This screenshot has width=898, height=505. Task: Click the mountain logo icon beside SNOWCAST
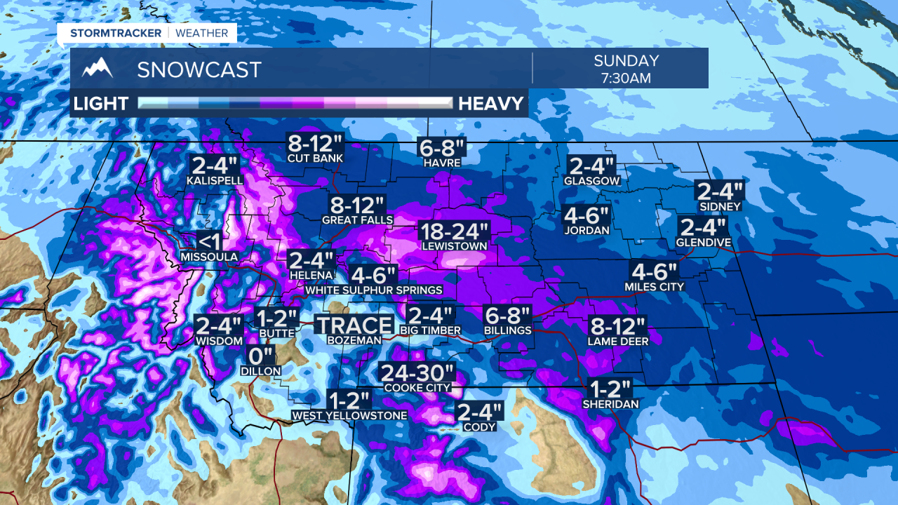(x=98, y=68)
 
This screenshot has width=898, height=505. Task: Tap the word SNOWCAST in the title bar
(x=199, y=69)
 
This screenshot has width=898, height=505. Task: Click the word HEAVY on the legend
(x=491, y=104)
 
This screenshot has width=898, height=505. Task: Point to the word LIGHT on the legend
(x=101, y=104)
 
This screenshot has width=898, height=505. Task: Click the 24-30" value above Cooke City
(x=417, y=373)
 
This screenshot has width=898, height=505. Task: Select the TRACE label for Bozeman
(x=354, y=325)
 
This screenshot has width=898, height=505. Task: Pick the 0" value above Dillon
(x=260, y=356)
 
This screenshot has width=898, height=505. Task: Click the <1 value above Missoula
(x=208, y=241)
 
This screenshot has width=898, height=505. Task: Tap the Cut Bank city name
(x=315, y=159)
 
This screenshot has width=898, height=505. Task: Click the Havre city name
(x=442, y=163)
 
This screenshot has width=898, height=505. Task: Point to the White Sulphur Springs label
(x=374, y=290)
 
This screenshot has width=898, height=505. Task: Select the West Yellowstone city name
(x=349, y=416)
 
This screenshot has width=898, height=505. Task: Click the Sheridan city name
(x=610, y=405)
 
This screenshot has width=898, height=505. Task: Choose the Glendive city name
(x=704, y=243)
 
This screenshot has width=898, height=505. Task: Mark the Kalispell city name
(x=215, y=180)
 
